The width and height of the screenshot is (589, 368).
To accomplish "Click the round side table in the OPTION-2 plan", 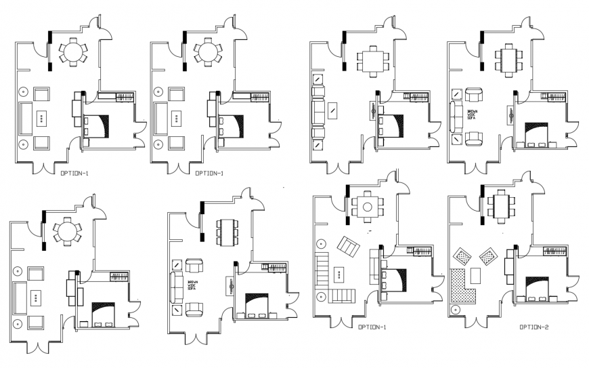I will pos(455,308).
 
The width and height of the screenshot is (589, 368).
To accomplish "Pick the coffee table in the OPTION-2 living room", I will pos(475,274).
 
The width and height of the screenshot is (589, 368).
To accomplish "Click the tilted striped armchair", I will pos(350,248).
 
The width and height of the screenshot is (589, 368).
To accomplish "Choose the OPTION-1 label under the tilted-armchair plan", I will pos(372,327).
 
